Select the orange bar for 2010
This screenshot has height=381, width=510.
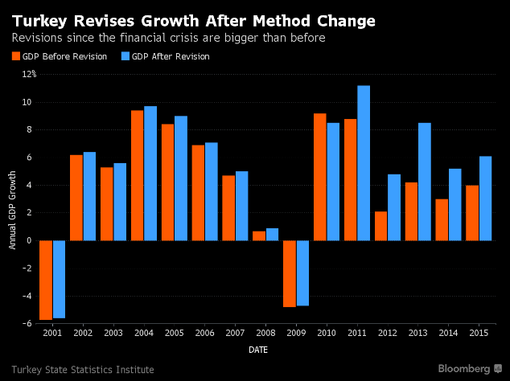coord(320,177)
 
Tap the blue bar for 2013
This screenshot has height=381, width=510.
coord(425,181)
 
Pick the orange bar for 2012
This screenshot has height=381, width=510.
coord(381,226)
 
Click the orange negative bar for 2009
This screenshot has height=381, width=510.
coord(290,273)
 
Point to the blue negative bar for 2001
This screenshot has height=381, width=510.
coord(59,279)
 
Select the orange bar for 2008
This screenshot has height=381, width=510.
coord(259,236)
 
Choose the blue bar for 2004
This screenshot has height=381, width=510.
coord(150,173)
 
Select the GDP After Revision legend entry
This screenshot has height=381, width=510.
coord(165,56)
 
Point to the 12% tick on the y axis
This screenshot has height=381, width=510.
coord(29,74)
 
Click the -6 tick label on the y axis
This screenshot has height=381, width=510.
coord(29,324)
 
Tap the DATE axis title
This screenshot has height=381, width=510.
coord(258,350)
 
